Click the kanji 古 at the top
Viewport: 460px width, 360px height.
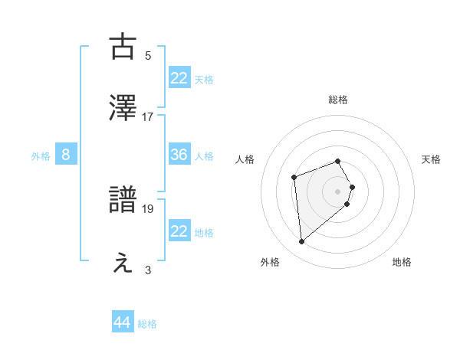[x=124, y=47]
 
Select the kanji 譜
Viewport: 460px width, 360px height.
[x=124, y=200]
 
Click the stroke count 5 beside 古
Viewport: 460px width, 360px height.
[x=148, y=55]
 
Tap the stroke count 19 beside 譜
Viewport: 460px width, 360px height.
[x=148, y=208]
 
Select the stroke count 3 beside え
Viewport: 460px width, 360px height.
[x=148, y=270]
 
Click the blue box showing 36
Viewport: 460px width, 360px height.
[x=179, y=155]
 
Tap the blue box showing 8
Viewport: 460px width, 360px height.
[x=66, y=155]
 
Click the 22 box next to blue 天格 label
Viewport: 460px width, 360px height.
[x=179, y=78]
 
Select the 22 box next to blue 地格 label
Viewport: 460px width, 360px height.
[x=179, y=231]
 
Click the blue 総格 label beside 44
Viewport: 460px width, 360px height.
[x=148, y=324]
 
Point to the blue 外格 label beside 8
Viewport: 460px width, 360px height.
[x=41, y=156]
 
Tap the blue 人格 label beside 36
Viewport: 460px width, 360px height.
[x=204, y=156]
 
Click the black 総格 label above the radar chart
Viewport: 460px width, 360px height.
[x=337, y=100]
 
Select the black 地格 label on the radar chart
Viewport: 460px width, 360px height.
[x=402, y=262]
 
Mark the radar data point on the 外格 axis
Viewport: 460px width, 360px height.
[x=302, y=241]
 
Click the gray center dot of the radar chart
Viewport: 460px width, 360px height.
[x=337, y=191]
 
